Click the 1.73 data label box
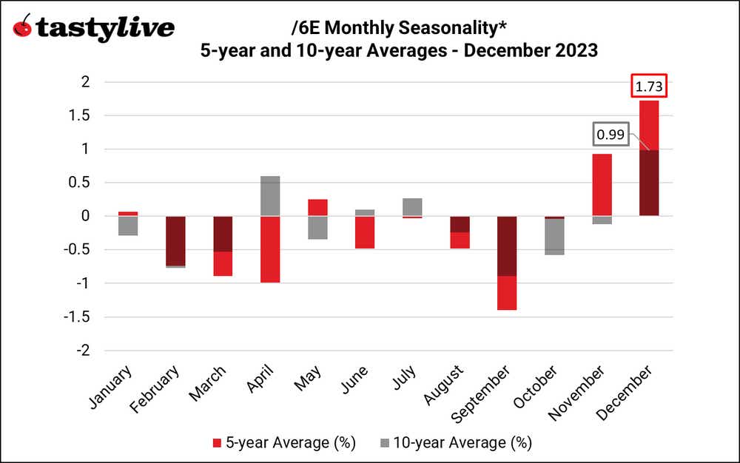[x=649, y=87]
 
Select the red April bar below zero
[x=270, y=249]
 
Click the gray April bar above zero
[x=270, y=196]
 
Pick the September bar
[x=507, y=263]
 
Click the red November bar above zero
[x=601, y=184]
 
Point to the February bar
[x=175, y=241]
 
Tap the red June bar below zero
[x=365, y=232]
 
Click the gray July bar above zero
[x=412, y=206]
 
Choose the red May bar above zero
[x=317, y=207]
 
